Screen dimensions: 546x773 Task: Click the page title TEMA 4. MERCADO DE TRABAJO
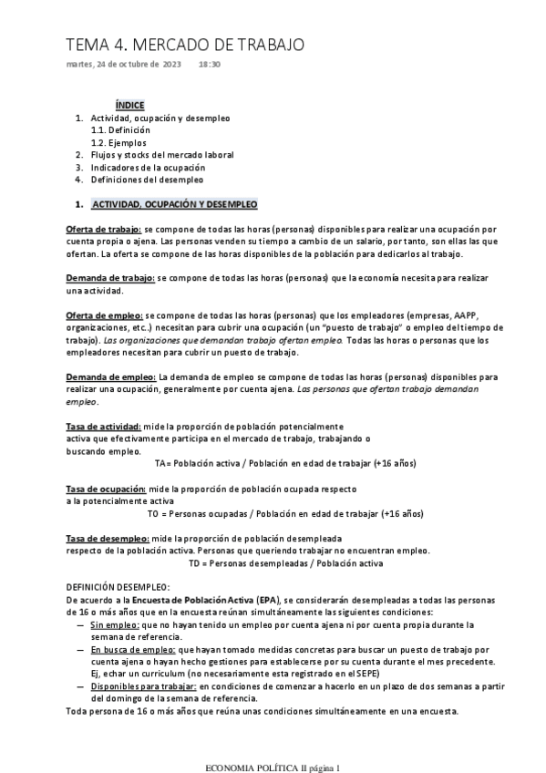click(185, 45)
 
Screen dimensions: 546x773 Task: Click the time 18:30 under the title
click(210, 65)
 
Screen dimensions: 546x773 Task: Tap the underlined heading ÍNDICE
click(129, 106)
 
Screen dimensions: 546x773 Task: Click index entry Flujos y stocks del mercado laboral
click(161, 155)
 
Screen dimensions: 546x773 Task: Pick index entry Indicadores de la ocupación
click(147, 168)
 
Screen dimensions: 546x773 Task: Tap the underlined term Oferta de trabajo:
click(104, 229)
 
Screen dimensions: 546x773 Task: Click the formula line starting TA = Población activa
click(285, 463)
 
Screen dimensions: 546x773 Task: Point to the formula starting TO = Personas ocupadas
click(298, 513)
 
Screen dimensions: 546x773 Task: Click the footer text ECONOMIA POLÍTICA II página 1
click(273, 743)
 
